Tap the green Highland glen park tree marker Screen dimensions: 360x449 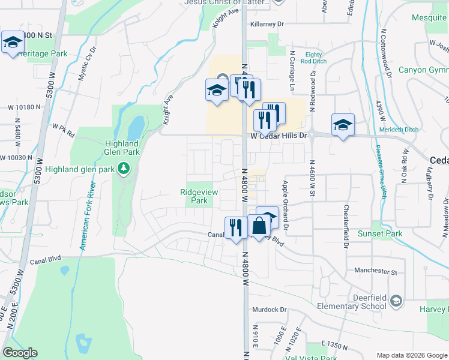point(124,168)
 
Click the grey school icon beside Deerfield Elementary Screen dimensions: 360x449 point(395,301)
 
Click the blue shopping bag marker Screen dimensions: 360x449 point(259,226)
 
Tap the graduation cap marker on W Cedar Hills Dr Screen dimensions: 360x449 point(343,125)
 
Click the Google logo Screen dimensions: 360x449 point(20,353)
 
